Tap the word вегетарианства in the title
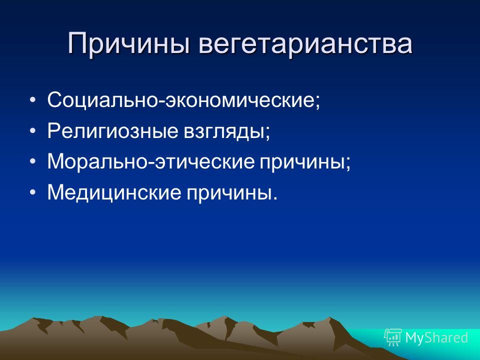[305, 44]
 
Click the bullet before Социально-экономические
[33, 100]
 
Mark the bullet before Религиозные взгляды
[33, 130]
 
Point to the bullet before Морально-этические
[33, 161]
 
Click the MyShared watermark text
[436, 337]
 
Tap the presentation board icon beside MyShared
[393, 337]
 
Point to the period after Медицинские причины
[274, 198]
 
